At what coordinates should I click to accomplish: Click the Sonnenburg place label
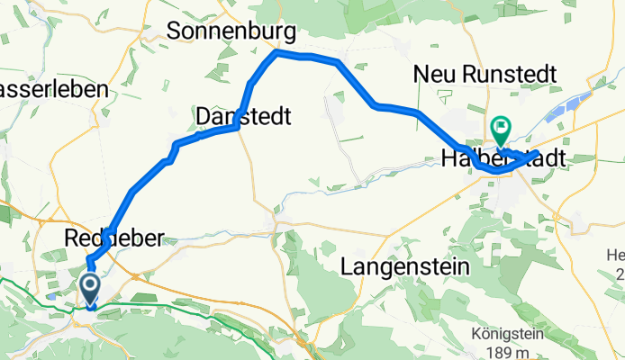[231, 31]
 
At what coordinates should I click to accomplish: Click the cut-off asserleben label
[54, 90]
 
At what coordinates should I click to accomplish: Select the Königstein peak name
[502, 331]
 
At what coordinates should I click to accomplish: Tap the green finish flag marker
[500, 131]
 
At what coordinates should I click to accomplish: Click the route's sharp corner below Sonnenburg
[276, 53]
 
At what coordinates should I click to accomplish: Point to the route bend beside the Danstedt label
[237, 127]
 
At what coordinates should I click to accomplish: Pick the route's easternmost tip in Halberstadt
[538, 154]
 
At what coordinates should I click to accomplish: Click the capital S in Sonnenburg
[175, 31]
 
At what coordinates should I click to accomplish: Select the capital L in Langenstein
[349, 266]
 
